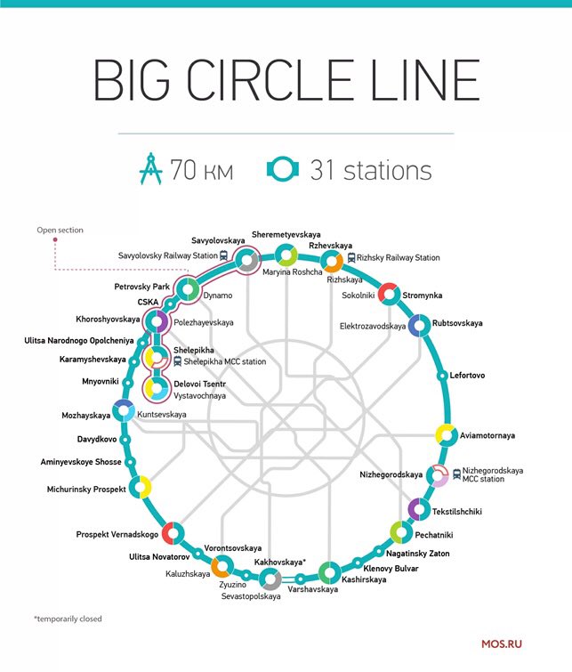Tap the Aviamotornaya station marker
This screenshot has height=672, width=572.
[446, 436]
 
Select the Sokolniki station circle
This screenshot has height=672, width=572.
[388, 294]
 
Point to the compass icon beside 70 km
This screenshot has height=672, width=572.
[152, 170]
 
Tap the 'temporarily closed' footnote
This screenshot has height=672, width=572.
[68, 619]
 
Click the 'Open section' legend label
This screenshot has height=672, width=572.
[60, 230]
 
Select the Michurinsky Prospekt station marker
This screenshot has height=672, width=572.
[140, 488]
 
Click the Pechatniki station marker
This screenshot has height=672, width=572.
[399, 532]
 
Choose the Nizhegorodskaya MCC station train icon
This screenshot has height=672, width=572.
[457, 474]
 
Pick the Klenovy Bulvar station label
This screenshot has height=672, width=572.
[391, 568]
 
